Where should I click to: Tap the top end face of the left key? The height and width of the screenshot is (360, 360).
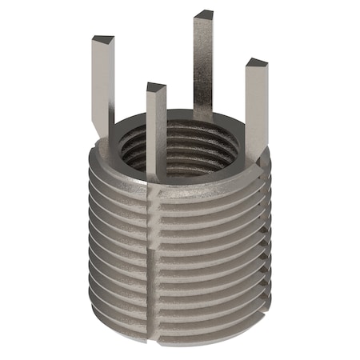click(x=102, y=39)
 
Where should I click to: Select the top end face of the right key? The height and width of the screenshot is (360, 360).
click(x=256, y=63)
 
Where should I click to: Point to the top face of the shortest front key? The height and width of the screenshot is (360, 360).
click(x=156, y=86)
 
